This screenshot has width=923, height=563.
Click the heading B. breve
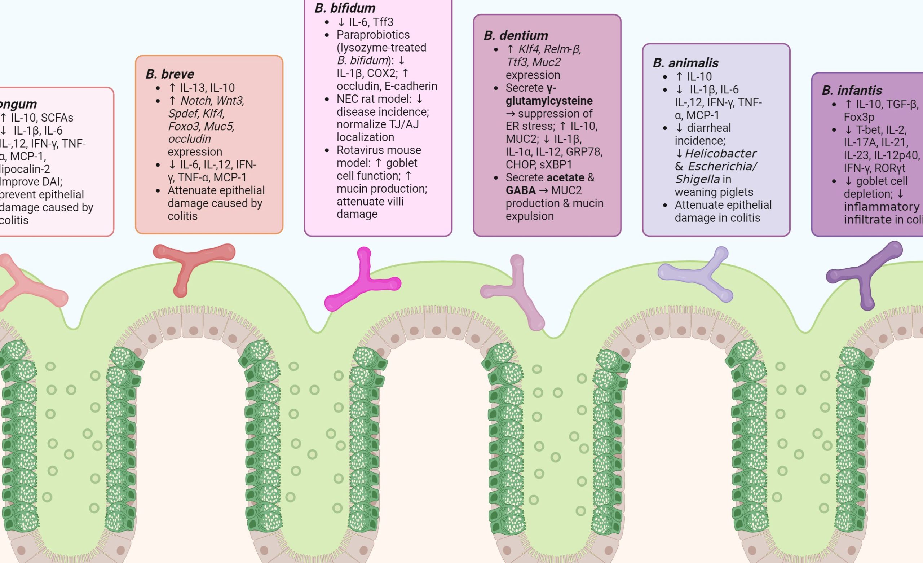(x=170, y=74)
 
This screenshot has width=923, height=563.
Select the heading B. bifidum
(x=345, y=8)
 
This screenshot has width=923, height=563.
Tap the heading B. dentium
(x=516, y=36)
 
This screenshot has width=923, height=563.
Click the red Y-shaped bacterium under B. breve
(x=190, y=262)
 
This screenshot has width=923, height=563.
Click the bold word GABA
(x=520, y=190)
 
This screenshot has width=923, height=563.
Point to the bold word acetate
(x=565, y=178)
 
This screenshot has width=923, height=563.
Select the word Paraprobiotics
(x=373, y=35)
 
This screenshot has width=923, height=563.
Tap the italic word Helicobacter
(x=720, y=154)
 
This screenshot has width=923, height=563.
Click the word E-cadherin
(x=411, y=86)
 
